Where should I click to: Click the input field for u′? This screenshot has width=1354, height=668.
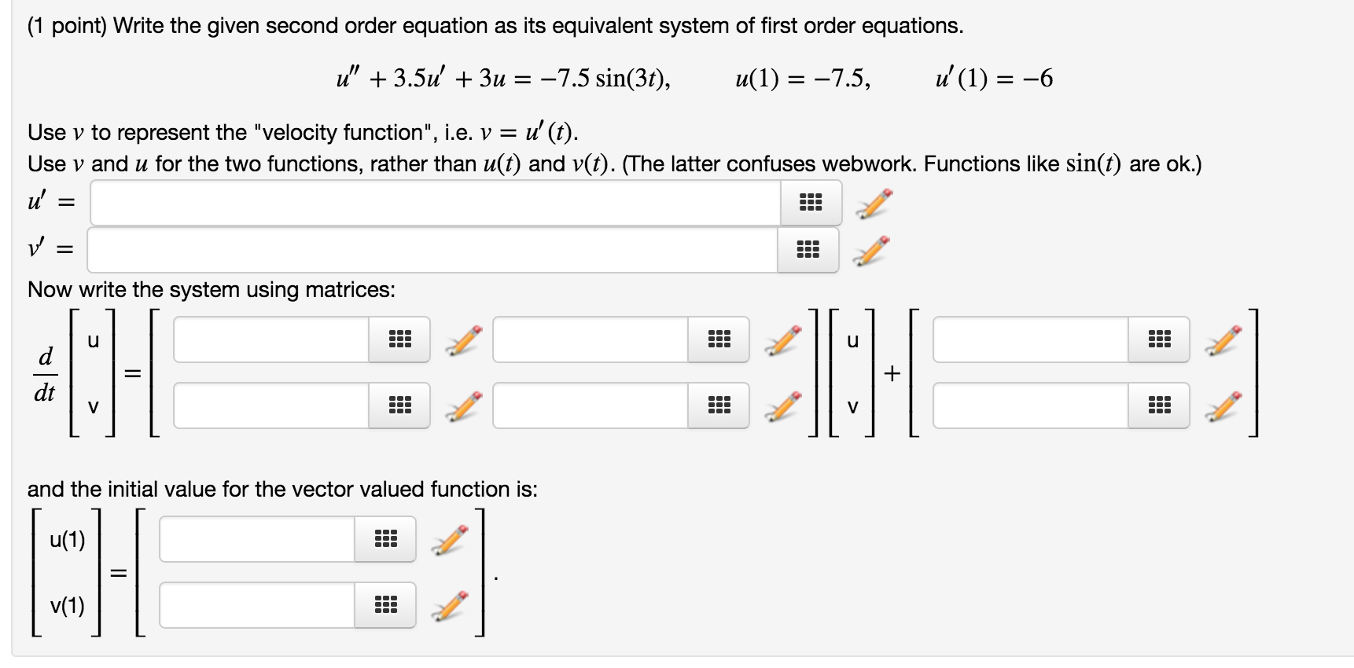tap(435, 203)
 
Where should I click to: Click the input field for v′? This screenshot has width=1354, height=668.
tap(432, 250)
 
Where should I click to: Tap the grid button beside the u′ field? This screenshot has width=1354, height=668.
tap(811, 203)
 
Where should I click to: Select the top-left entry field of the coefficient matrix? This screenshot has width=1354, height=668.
tap(271, 340)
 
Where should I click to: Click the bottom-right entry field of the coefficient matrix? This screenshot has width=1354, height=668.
tap(591, 406)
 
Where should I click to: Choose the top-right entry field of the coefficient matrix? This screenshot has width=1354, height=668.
tap(591, 340)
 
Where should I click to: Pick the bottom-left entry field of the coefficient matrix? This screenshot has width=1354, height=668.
tap(271, 406)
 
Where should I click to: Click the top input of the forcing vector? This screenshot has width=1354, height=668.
tap(1030, 340)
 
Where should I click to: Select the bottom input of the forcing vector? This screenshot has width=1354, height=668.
tap(1030, 406)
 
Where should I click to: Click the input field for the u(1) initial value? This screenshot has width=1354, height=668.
tap(257, 539)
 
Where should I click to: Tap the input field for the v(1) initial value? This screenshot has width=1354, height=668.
tap(257, 605)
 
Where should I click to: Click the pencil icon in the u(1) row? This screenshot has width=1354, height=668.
tap(449, 539)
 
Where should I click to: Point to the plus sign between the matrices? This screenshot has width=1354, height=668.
tap(891, 373)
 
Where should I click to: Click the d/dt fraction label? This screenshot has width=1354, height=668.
tap(46, 374)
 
